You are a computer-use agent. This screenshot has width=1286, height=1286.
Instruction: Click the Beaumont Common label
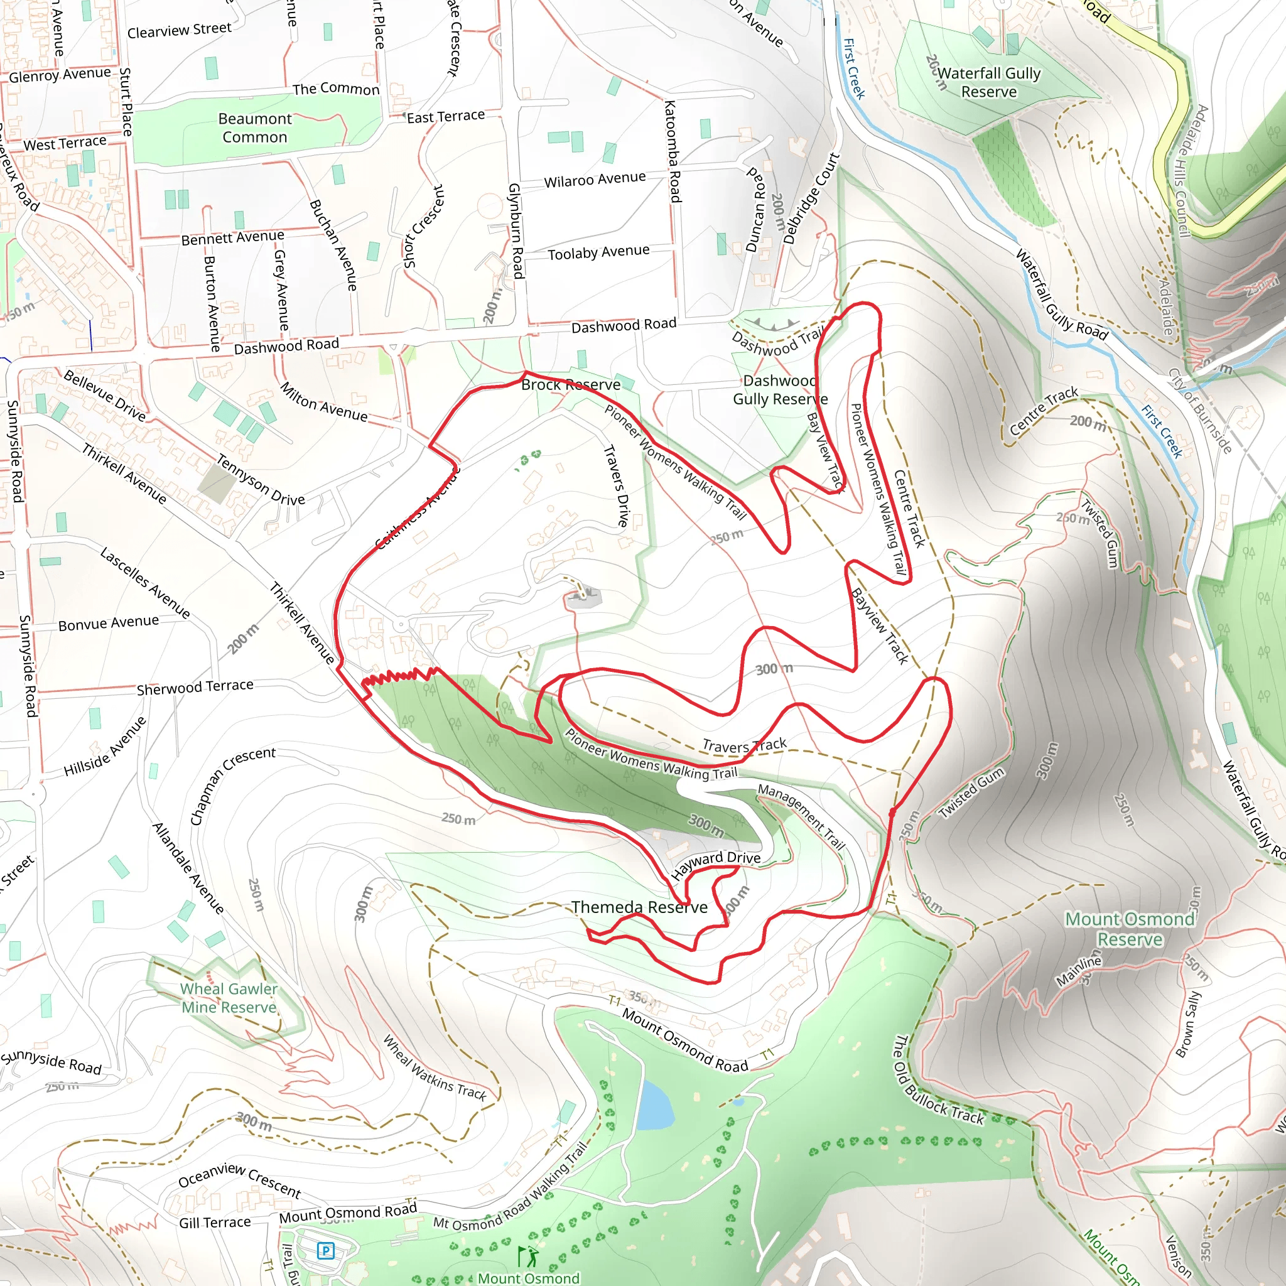(255, 128)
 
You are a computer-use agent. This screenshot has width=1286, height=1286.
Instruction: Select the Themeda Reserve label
(639, 907)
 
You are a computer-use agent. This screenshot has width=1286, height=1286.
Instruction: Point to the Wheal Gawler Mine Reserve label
(229, 998)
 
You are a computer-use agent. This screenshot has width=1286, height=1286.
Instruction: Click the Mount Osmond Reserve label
(1130, 929)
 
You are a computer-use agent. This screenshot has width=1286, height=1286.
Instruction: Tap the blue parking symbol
(325, 1251)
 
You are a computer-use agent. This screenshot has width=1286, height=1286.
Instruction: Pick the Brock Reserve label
(570, 385)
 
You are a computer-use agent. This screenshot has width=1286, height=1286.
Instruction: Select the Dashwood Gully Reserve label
(780, 390)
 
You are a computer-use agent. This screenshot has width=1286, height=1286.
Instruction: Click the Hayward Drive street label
(716, 865)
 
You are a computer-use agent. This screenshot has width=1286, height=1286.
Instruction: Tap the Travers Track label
(744, 745)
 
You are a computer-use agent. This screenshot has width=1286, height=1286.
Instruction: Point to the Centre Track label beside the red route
(909, 509)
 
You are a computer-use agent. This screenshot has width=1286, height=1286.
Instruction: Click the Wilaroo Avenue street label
(595, 180)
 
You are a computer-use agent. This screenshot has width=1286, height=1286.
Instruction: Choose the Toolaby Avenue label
(598, 253)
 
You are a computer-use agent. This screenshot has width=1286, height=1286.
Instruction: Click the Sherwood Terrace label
(195, 687)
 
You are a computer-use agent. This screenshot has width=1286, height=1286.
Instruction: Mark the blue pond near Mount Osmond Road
(654, 1106)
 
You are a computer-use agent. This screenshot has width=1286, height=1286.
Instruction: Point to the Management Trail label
(801, 817)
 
